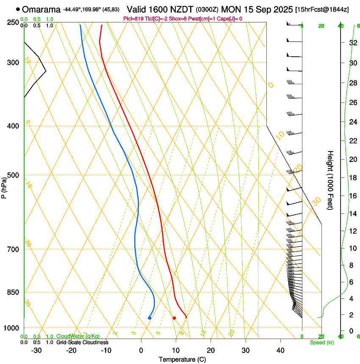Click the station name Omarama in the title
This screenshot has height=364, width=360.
click(42, 9)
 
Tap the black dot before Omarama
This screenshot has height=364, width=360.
click(18, 9)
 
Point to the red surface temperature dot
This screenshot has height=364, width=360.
click(174, 318)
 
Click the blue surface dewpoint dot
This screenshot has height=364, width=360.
click(150, 318)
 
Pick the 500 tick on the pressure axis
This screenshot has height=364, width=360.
click(13, 175)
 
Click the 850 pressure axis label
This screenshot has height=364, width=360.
click(13, 292)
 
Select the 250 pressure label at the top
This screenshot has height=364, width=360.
click(13, 22)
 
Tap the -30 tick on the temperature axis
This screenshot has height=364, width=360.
click(36, 350)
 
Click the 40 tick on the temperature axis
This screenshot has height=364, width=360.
click(280, 350)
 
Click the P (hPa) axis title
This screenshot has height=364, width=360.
click(4, 186)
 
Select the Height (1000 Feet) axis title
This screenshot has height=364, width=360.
click(330, 180)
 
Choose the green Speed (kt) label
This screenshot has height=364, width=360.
click(321, 342)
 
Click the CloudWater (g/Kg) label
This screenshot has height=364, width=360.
click(78, 336)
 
